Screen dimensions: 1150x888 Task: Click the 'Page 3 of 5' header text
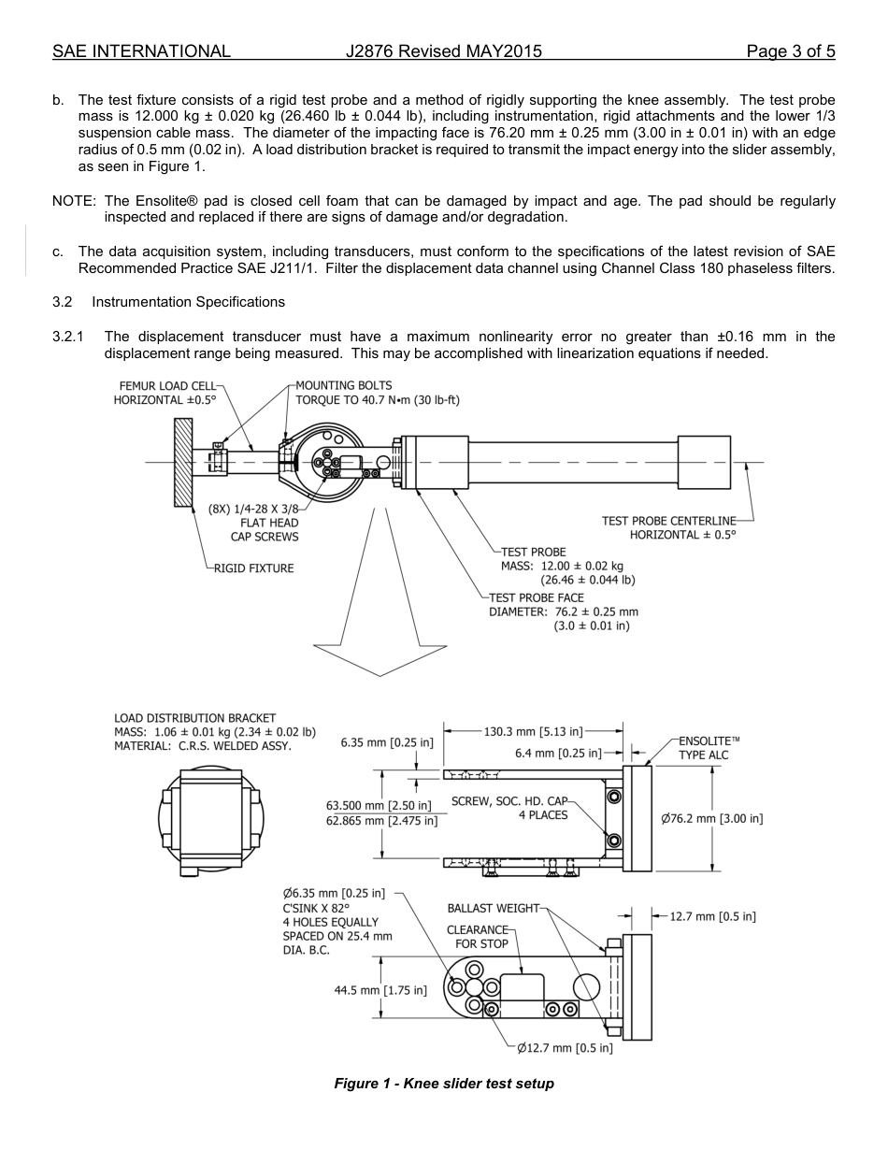coord(791,51)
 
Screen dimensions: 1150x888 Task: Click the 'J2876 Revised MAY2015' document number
coord(443,51)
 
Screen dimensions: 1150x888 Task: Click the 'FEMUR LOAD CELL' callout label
coord(167,385)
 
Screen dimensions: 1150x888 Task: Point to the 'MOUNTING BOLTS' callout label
coord(343,385)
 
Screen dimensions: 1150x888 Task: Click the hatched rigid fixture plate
coord(183,462)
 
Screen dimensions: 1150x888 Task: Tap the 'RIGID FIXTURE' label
coord(253,568)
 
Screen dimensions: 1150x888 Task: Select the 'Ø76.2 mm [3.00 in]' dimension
coord(712,819)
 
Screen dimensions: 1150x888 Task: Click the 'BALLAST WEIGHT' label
coord(494,908)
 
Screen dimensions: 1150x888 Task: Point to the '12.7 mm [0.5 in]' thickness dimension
coord(712,916)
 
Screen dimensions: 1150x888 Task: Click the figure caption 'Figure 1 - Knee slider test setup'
coord(444,1084)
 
